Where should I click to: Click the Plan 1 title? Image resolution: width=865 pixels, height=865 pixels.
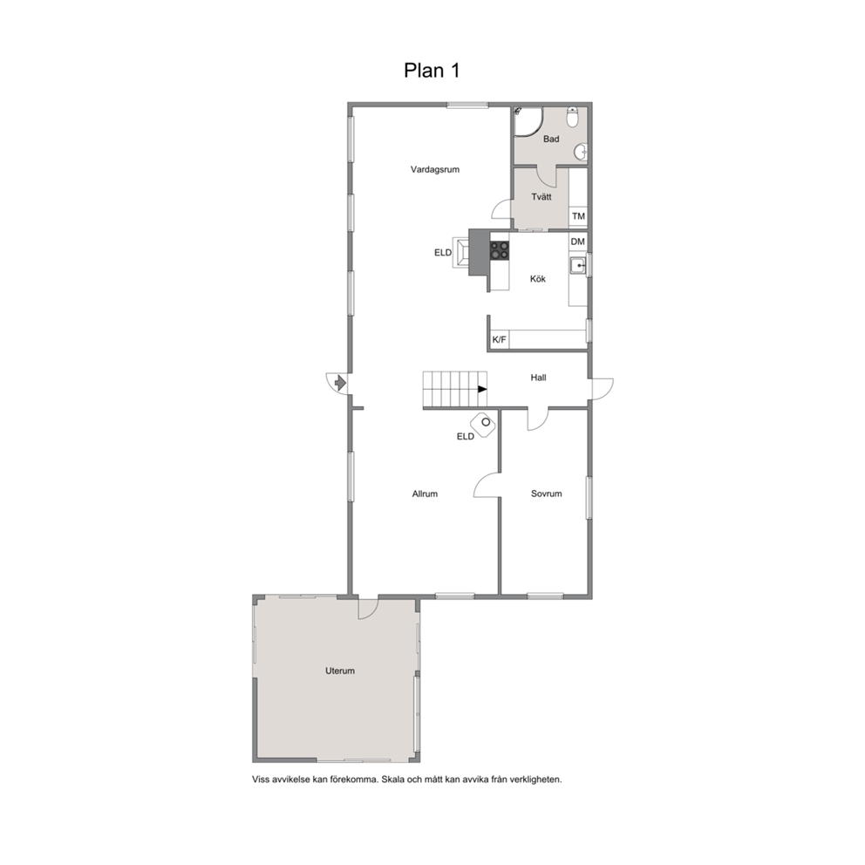point(432,71)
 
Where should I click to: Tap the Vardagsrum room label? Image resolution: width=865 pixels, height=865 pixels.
point(435,169)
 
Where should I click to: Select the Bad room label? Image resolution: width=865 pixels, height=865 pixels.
point(551,139)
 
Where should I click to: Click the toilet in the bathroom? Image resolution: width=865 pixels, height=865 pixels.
point(573,117)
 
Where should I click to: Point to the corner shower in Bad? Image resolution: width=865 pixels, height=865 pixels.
point(528,121)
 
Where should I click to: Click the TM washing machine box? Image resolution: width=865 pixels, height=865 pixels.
point(578,216)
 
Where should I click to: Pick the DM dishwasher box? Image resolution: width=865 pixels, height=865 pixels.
point(577,242)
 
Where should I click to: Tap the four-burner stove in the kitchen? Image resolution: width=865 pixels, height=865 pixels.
point(500,250)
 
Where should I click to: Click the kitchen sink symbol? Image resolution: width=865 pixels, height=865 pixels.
point(578,266)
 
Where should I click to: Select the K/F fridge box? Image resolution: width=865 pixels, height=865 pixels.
point(500,339)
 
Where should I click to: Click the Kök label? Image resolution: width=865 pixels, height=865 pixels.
point(538,279)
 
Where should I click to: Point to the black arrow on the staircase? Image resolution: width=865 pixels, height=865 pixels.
point(482,389)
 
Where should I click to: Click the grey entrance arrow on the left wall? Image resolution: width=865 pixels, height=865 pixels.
point(340,382)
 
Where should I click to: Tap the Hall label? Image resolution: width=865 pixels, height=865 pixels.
point(538,378)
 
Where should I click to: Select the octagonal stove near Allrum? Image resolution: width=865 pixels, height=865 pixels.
point(483,425)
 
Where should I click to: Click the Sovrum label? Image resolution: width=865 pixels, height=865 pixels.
point(546,494)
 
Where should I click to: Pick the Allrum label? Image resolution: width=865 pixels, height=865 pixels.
point(425,494)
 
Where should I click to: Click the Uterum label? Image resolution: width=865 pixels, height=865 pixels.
point(340,671)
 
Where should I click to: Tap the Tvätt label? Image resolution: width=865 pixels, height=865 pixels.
point(541,197)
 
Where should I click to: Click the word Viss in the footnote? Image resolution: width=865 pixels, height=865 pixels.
point(261,780)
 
